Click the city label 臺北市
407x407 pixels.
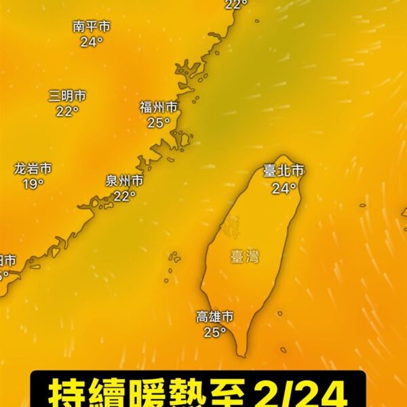click(284, 172)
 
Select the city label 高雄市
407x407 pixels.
click(215, 316)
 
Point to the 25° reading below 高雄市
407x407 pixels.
click(214, 332)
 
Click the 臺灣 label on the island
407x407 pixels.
click(244, 256)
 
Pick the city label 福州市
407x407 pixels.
click(159, 106)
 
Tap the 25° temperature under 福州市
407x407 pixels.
click(158, 123)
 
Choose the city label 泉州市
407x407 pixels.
click(124, 180)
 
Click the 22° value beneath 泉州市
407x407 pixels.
click(124, 196)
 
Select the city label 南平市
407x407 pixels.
click(92, 26)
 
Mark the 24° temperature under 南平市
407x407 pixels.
click(92, 42)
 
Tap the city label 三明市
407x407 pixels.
click(67, 96)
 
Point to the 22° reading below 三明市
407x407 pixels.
click(67, 111)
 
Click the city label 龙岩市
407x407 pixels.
click(33, 168)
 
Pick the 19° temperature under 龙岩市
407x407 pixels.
click(33, 184)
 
